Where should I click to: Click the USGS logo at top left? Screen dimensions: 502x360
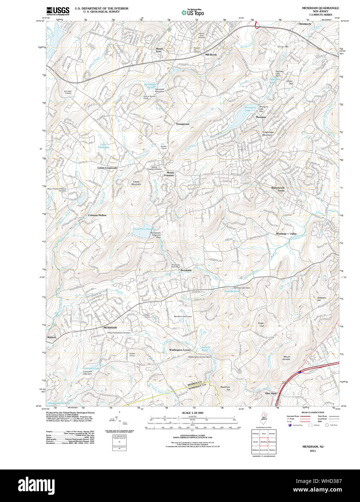[58, 10]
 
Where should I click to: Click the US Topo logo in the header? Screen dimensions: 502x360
[193, 13]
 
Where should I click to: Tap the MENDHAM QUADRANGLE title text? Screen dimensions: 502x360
[318, 8]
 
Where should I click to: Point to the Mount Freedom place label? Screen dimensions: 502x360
[169, 174]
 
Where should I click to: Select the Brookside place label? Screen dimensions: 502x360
[186, 270]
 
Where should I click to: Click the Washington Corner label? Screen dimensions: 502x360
[180, 350]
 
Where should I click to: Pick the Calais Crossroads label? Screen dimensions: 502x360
[107, 168]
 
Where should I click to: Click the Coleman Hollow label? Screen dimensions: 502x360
[97, 215]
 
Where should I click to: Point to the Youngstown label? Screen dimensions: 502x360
[183, 124]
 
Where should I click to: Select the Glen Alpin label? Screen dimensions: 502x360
[271, 393]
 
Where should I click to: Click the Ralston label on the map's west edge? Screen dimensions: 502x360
[52, 337]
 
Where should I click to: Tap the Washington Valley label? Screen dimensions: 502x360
[286, 234]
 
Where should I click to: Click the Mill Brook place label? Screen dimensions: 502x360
[211, 55]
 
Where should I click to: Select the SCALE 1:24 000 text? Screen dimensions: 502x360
[193, 413]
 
